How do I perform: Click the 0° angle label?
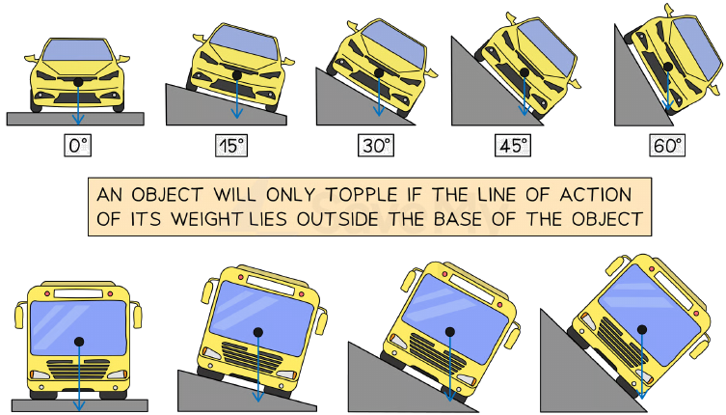click(x=78, y=146)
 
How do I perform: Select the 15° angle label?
click(x=231, y=146)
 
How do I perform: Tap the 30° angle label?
click(x=376, y=146)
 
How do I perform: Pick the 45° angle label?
click(x=513, y=146)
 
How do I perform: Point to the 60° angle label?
click(x=667, y=146)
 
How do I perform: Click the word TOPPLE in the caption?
click(x=362, y=195)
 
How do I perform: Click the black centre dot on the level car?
click(x=78, y=82)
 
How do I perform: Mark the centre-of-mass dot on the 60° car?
click(x=668, y=67)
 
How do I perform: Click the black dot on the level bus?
click(x=79, y=342)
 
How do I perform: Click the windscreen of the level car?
click(x=77, y=50)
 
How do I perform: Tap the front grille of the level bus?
click(x=79, y=370)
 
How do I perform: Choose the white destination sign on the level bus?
click(x=78, y=293)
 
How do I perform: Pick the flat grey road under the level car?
click(x=75, y=119)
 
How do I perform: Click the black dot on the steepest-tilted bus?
click(x=642, y=330)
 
